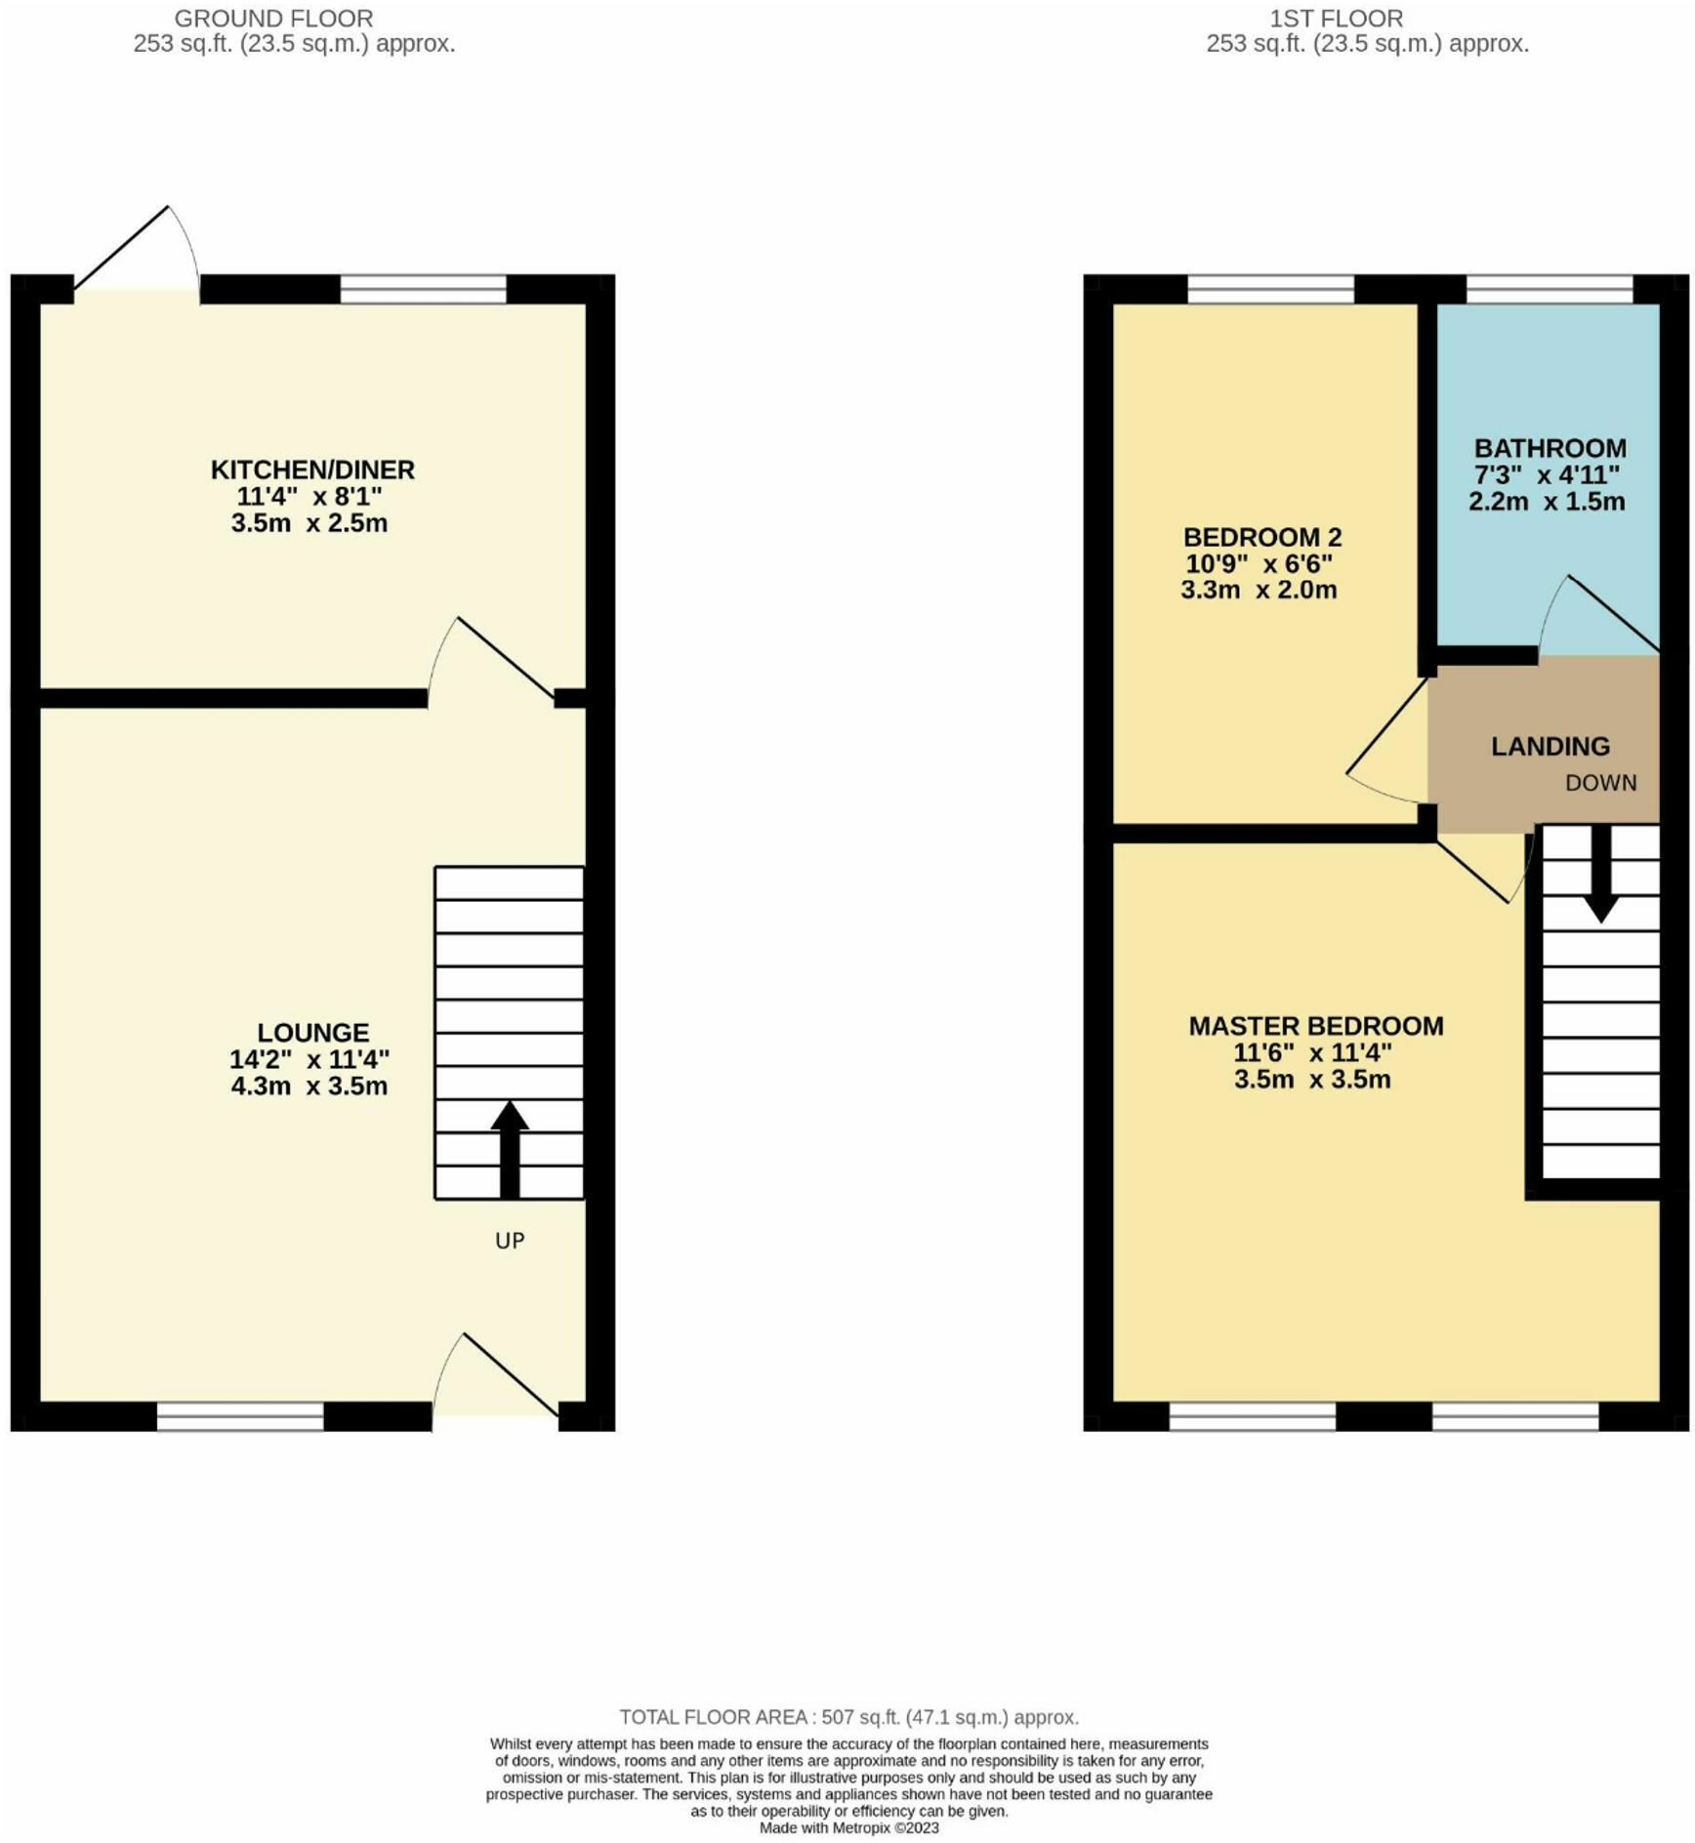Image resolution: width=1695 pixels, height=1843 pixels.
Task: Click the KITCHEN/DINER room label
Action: coord(312,470)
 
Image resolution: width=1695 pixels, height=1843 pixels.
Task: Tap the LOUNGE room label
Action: coord(312,1032)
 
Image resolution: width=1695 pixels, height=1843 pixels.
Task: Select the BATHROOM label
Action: coord(1550,448)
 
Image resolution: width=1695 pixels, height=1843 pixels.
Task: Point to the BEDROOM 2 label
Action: coord(1261,537)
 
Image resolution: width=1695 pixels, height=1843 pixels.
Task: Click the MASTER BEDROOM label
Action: coord(1315,1026)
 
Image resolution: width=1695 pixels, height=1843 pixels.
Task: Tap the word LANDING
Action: coord(1550,747)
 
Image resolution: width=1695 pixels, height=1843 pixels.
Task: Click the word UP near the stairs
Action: coord(510,1241)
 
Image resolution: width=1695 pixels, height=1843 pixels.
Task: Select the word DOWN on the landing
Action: coord(1600,783)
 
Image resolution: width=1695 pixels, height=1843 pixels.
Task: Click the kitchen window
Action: coord(423,290)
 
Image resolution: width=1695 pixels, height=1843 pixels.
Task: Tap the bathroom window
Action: coord(1549,290)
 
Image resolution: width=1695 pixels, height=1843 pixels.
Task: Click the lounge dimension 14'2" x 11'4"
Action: coord(309,1059)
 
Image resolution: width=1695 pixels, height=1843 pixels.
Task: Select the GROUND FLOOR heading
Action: coord(273,19)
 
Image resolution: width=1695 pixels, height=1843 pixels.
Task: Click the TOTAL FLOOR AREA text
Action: coord(848,1717)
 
